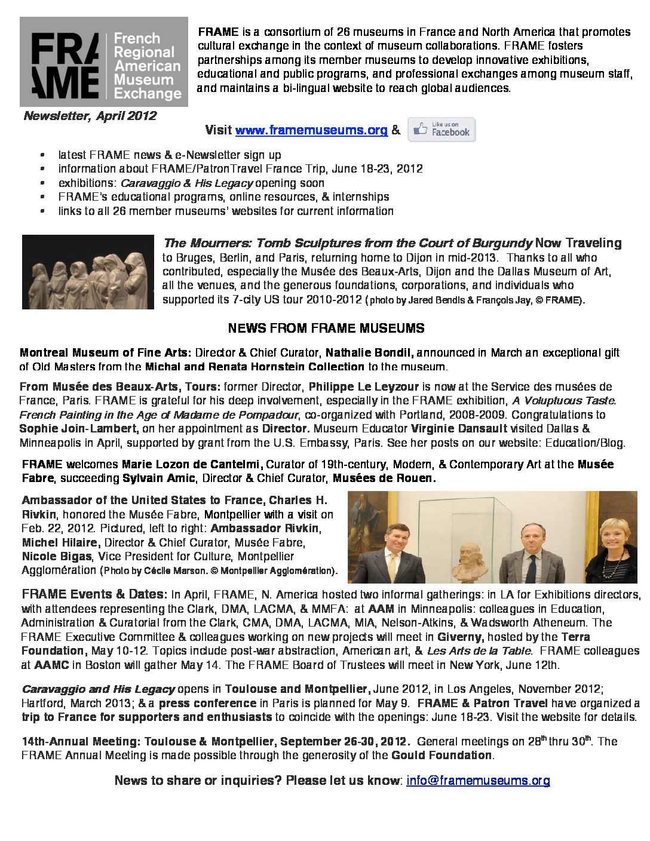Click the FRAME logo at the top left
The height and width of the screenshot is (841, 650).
pos(103,62)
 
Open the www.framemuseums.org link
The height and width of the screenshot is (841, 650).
pos(311,130)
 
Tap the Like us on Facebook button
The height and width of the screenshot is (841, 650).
pos(441,130)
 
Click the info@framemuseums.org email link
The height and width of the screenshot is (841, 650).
pos(478,780)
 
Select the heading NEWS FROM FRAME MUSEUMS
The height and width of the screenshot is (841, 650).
pos(326,329)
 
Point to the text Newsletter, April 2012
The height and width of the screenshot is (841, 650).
pos(90,116)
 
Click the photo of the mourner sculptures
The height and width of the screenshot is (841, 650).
pos(88,272)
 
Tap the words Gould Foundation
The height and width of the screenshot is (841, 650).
pos(442,755)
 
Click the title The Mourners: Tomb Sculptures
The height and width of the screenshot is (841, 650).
pos(347,243)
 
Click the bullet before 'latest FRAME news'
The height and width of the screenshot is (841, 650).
pos(42,155)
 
